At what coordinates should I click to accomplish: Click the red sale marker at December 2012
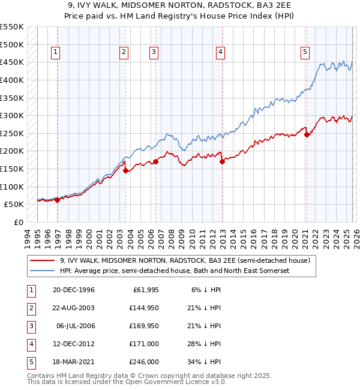[x=222, y=161]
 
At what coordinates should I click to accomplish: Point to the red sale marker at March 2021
[x=307, y=134]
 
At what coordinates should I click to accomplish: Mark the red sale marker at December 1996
[x=58, y=200]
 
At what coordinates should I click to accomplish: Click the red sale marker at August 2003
[x=125, y=170]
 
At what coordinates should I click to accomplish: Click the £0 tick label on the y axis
[x=18, y=222]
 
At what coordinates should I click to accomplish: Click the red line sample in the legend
[x=43, y=261]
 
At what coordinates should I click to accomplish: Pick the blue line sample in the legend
[x=43, y=271]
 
